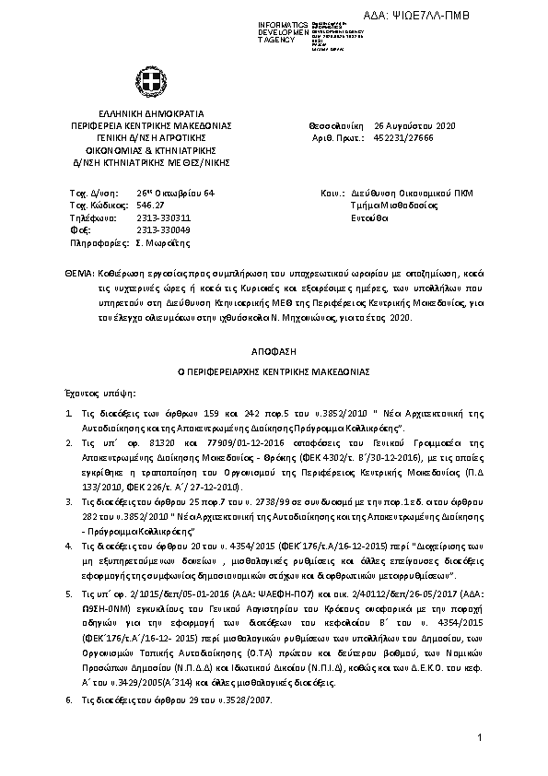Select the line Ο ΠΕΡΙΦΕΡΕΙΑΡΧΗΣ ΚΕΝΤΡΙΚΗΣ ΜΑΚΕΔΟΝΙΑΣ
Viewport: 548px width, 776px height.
[x=274, y=370]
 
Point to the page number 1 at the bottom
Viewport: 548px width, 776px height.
[x=481, y=738]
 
